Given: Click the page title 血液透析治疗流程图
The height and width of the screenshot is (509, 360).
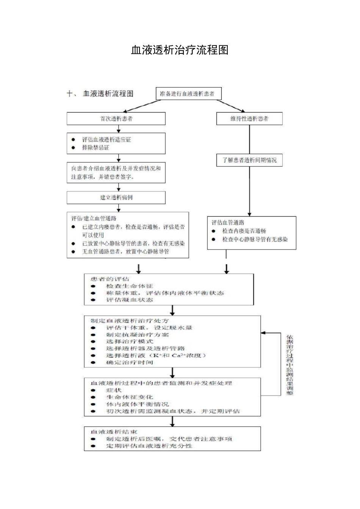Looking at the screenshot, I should pyautogui.click(x=180, y=50).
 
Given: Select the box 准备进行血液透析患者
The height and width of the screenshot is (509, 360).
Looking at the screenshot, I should pyautogui.click(x=188, y=94).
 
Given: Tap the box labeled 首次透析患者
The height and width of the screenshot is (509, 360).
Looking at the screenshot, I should pyautogui.click(x=116, y=119).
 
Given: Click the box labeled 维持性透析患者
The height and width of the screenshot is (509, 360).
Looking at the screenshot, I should pyautogui.click(x=249, y=119).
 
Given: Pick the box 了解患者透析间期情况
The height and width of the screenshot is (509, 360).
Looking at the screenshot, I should pyautogui.click(x=249, y=160).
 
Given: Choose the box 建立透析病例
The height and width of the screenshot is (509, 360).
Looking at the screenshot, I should pyautogui.click(x=116, y=198).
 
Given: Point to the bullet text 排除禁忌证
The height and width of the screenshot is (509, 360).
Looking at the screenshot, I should pyautogui.click(x=95, y=148).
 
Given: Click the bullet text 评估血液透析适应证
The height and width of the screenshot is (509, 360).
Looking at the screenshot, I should pyautogui.click(x=106, y=140).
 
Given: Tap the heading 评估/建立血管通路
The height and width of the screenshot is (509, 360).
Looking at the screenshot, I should pyautogui.click(x=94, y=219).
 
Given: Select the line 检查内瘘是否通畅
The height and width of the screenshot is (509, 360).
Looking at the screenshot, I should pyautogui.click(x=244, y=231).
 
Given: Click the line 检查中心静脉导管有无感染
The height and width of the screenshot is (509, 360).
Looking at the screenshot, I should pyautogui.click(x=255, y=239).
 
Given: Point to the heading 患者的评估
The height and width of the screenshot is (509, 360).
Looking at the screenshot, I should pyautogui.click(x=110, y=279).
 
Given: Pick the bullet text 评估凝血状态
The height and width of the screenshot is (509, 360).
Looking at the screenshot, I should pyautogui.click(x=129, y=300).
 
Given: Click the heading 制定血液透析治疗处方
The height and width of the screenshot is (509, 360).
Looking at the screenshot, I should pyautogui.click(x=129, y=321).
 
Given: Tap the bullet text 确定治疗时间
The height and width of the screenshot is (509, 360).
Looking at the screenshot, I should pyautogui.click(x=129, y=362).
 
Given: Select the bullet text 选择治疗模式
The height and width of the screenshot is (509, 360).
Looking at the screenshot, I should pyautogui.click(x=129, y=342).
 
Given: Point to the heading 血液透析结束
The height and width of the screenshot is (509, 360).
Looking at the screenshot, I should pyautogui.click(x=114, y=432).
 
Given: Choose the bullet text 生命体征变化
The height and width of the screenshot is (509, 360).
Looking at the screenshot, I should pyautogui.click(x=129, y=397).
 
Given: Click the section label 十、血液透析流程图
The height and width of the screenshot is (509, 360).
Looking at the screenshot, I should pyautogui.click(x=100, y=94).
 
